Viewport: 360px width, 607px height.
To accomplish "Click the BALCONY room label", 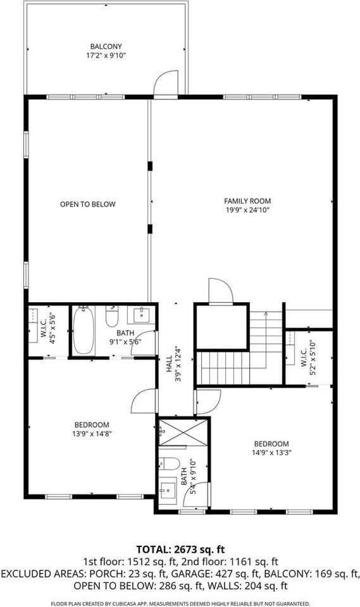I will pyautogui.click(x=106, y=46).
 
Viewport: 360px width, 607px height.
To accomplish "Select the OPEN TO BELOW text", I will pyautogui.click(x=87, y=204).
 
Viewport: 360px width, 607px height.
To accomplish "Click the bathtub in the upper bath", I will pyautogui.click(x=84, y=331).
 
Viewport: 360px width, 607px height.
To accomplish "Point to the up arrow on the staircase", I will pyautogui.click(x=266, y=314).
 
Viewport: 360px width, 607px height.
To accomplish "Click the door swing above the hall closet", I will pyautogui.click(x=221, y=291).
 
